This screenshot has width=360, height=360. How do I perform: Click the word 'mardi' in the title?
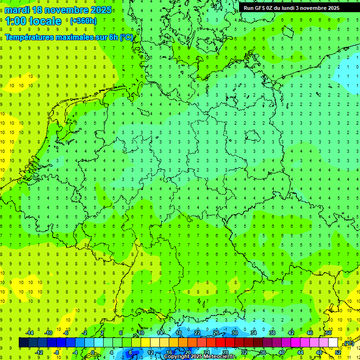pyautogui.click(x=17, y=10)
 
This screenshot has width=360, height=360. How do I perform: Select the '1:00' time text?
pyautogui.click(x=15, y=21)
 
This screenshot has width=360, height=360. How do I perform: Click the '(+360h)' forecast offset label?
pyautogui.click(x=83, y=21)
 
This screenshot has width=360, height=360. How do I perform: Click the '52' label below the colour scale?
pyautogui.click(x=338, y=352)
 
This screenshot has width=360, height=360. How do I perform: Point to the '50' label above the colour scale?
pyautogui.click(x=329, y=333)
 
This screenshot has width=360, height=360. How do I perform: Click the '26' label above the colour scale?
pyautogui.click(x=216, y=333)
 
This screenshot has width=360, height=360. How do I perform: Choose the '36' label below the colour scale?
pyautogui.click(x=263, y=352)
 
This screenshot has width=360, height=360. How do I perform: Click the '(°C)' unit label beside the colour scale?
pyautogui.click(x=348, y=343)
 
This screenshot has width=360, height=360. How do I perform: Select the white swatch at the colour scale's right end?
pyautogui.click(x=333, y=343)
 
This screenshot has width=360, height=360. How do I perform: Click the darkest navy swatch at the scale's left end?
pyautogui.click(x=23, y=343)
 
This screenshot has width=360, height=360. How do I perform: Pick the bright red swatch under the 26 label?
pyautogui.click(x=220, y=343)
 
